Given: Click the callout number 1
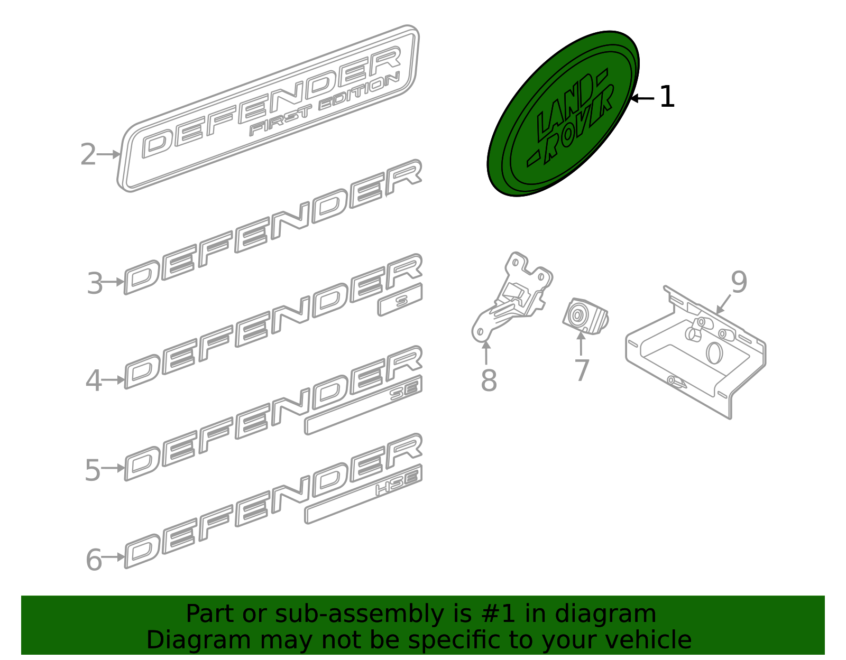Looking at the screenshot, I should point(667,97).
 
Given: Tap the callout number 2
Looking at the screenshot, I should point(88,155).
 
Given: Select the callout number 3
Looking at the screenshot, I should point(95,283).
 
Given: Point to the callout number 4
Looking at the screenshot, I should point(94,381).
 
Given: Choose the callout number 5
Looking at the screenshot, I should point(93,470).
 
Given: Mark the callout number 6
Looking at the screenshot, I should point(94,560).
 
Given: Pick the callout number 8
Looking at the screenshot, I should point(489,380).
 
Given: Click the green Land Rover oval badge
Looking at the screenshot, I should point(563,114).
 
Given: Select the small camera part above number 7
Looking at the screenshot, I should point(585,316).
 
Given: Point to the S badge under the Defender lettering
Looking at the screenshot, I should point(400,300).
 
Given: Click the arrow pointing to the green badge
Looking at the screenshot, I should point(642,98).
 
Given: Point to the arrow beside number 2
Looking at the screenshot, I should point(109,154).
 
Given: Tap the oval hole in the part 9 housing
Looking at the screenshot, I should point(714,352).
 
